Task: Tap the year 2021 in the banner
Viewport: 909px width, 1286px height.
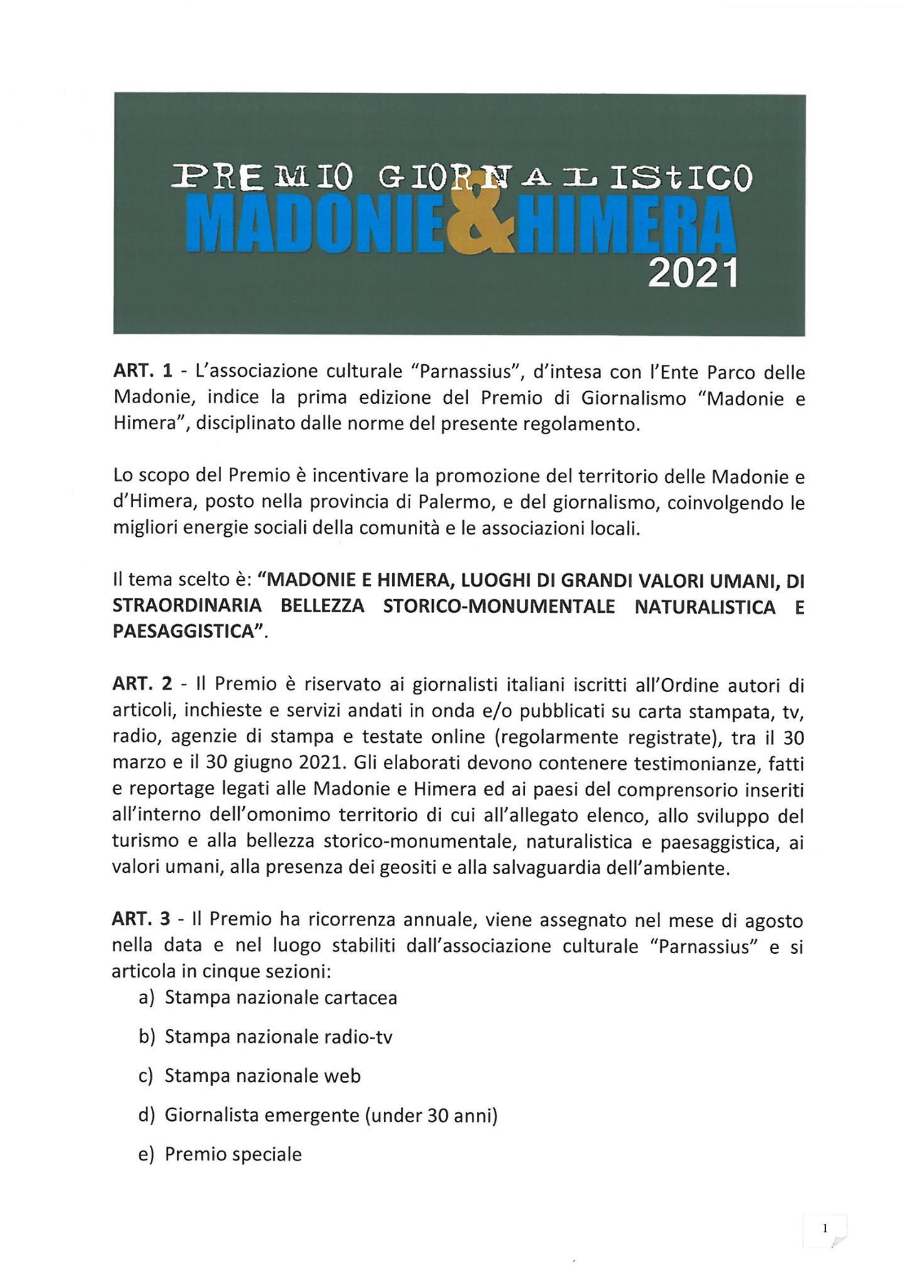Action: point(692,275)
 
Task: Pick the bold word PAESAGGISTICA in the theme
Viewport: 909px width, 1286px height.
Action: point(186,632)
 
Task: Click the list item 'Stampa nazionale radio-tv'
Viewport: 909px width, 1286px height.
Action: point(278,1036)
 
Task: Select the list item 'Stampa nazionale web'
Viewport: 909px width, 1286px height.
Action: point(263,1076)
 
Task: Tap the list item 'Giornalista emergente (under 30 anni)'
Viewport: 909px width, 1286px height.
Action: point(331,1115)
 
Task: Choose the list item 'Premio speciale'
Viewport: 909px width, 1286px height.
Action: point(233,1154)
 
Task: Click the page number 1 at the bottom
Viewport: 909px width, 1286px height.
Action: point(825,1229)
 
